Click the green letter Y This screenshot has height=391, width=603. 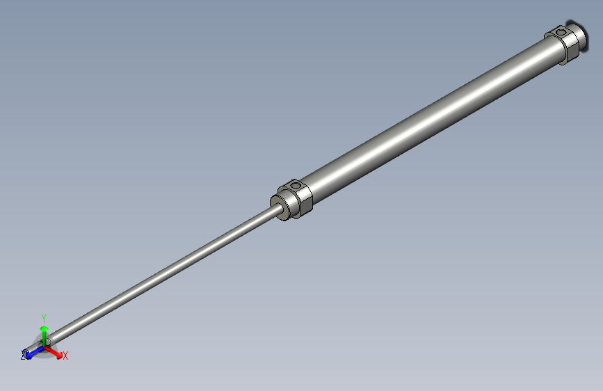point(44,317)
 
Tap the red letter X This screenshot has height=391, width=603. point(65,356)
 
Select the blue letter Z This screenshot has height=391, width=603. point(23,356)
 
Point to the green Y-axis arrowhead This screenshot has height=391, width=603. point(44,328)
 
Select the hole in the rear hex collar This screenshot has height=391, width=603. point(560,31)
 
